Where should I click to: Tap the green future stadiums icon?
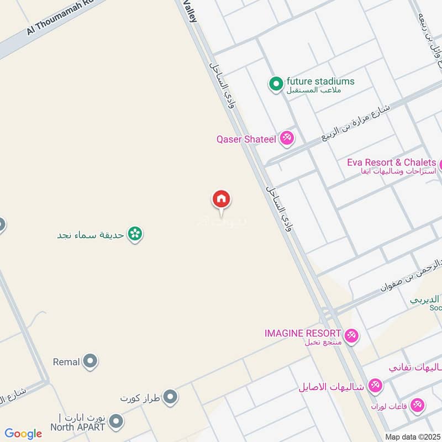pyautogui.click(x=275, y=85)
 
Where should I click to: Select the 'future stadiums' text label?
pyautogui.click(x=320, y=82)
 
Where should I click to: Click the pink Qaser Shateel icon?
pyautogui.click(x=286, y=139)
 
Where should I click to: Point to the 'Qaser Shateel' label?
pyautogui.click(x=246, y=139)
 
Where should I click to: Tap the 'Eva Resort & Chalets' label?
pyautogui.click(x=392, y=162)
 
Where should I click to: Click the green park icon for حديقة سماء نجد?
pyautogui.click(x=134, y=234)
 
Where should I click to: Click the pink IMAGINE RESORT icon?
pyautogui.click(x=351, y=335)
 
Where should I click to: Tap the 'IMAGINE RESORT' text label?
pyautogui.click(x=302, y=333)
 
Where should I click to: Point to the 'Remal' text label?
pyautogui.click(x=66, y=362)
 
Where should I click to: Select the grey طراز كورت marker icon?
pyautogui.click(x=170, y=397)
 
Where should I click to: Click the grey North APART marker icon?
pyautogui.click(x=115, y=423)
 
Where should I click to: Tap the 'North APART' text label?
pyautogui.click(x=77, y=427)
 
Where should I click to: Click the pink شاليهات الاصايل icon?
pyautogui.click(x=375, y=386)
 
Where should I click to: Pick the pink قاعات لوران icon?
pyautogui.click(x=418, y=406)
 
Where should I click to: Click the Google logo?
pyautogui.click(x=23, y=434)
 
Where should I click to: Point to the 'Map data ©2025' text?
pyautogui.click(x=412, y=436)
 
